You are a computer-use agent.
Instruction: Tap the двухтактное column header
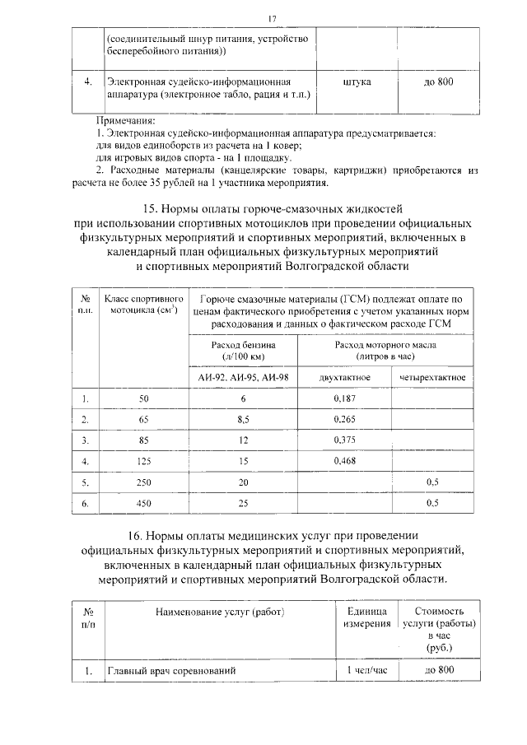click(343, 377)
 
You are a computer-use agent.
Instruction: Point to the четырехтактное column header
click(431, 377)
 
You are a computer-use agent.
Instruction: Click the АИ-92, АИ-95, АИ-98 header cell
click(243, 377)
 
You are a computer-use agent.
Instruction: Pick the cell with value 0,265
click(344, 419)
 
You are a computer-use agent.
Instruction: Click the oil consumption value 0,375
click(344, 440)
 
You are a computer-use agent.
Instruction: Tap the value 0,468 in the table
click(344, 460)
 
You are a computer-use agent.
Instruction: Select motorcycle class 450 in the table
click(144, 501)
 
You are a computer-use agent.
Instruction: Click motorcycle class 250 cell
click(144, 481)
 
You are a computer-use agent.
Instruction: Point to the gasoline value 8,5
click(243, 419)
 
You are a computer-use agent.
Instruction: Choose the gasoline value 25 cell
click(243, 501)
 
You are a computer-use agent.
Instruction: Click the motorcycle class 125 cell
click(144, 460)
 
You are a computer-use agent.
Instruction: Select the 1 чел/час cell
click(366, 671)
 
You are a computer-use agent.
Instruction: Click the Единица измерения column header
click(366, 618)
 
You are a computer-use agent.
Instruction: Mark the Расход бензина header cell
click(243, 352)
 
